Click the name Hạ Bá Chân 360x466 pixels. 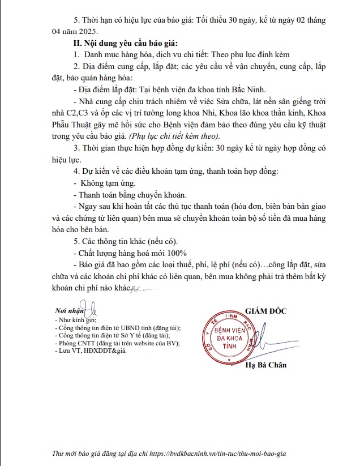[265, 365]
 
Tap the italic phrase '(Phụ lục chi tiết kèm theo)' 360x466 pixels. [172, 135]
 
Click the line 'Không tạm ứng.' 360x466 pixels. [106, 183]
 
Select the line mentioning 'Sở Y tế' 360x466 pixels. [114, 335]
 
